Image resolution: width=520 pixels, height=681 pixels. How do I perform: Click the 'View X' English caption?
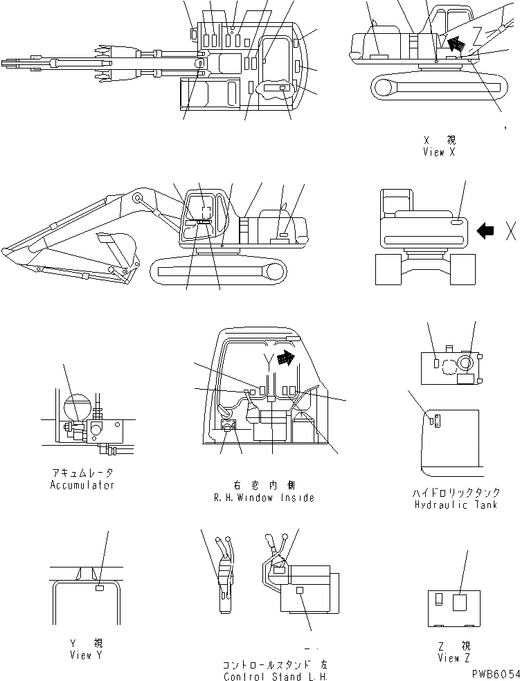click(438, 152)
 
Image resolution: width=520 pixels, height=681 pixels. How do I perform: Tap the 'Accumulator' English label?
click(82, 484)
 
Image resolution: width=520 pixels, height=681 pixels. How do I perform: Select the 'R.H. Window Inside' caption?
click(265, 498)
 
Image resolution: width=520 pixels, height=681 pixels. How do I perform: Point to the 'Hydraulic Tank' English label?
click(456, 505)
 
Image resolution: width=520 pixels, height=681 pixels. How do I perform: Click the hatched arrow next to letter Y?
click(284, 358)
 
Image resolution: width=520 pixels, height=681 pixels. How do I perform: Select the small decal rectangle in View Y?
click(99, 588)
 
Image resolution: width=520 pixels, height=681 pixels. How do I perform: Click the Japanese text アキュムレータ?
click(82, 473)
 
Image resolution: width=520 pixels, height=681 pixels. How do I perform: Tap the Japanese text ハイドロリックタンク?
click(456, 493)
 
